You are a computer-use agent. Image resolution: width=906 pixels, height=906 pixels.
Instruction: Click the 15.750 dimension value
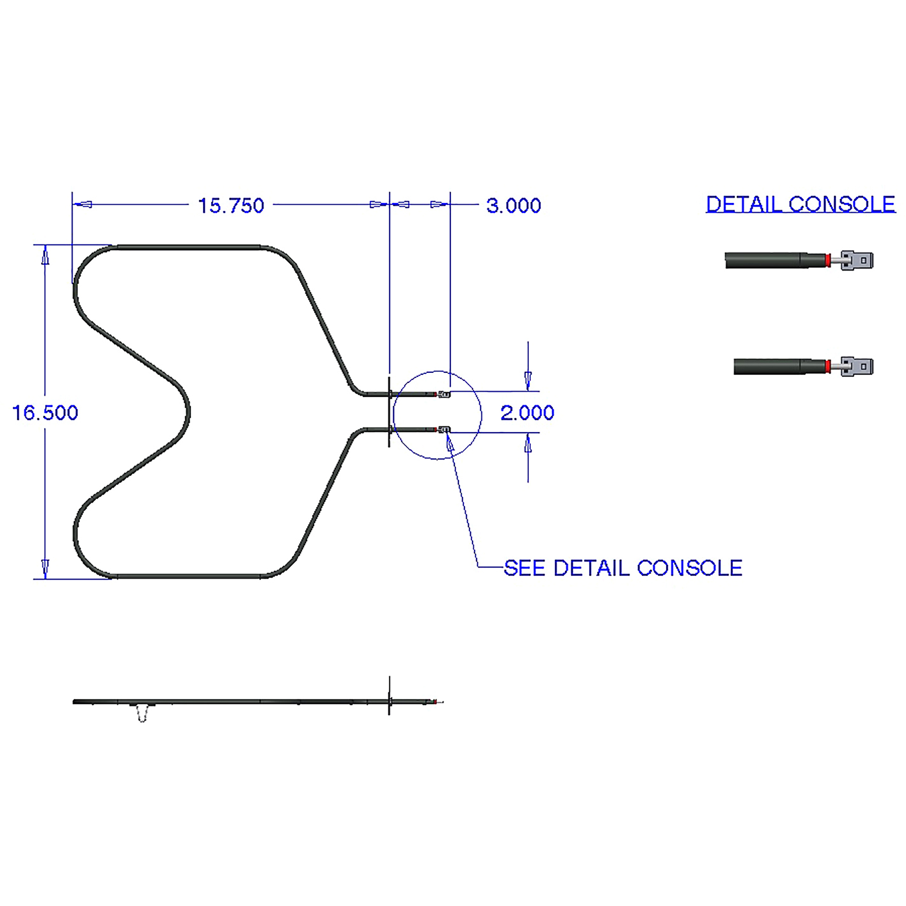pyautogui.click(x=231, y=206)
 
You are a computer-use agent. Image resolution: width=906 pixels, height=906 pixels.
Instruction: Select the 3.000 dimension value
pyautogui.click(x=514, y=206)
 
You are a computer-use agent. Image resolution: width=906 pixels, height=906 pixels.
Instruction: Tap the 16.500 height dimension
pyautogui.click(x=45, y=413)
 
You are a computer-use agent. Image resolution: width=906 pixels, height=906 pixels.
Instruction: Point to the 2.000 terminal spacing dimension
pyautogui.click(x=527, y=413)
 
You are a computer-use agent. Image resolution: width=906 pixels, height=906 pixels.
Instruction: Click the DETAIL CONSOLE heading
pyautogui.click(x=800, y=204)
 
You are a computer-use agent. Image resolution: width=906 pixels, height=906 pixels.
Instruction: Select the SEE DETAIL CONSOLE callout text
pyautogui.click(x=623, y=569)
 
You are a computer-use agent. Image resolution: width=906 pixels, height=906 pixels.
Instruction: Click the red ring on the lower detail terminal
pyautogui.click(x=829, y=366)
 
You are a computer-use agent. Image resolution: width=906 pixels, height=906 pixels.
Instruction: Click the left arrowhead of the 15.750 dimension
pyautogui.click(x=84, y=204)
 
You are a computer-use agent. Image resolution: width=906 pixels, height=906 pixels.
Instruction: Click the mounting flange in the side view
pyautogui.click(x=389, y=701)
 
